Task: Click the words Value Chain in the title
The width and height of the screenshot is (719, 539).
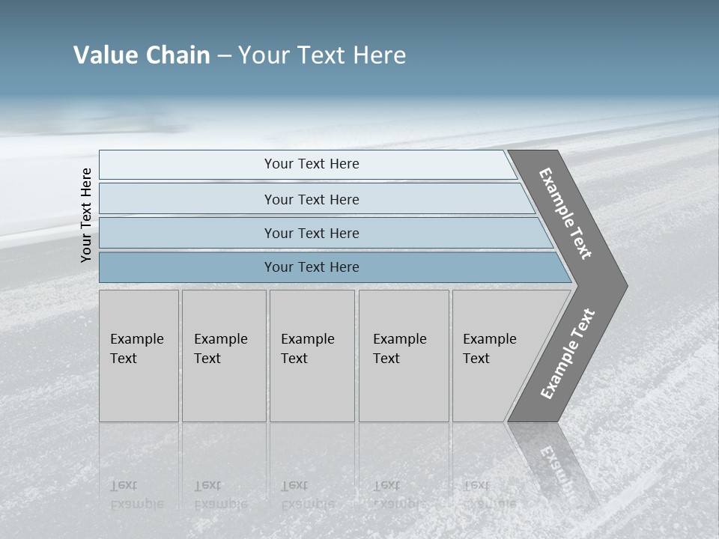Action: tap(142, 55)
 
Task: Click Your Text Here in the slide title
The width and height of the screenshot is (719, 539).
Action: tap(322, 55)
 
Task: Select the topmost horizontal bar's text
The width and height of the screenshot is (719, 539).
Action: tap(312, 164)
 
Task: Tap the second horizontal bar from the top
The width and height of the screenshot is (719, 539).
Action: tap(312, 199)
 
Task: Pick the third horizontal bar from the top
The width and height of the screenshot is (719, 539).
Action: tap(312, 233)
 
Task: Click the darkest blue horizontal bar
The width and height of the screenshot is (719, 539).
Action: tap(312, 267)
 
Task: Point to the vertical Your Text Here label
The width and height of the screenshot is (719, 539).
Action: tap(86, 215)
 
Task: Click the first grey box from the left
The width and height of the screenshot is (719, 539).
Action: tap(139, 356)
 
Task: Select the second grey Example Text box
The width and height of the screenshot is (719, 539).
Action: tap(224, 356)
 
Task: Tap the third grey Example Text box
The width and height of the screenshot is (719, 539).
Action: tap(312, 356)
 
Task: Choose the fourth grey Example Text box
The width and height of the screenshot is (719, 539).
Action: tap(404, 356)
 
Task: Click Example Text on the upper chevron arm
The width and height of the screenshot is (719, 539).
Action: tap(565, 213)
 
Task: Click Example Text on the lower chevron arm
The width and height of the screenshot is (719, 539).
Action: tap(568, 354)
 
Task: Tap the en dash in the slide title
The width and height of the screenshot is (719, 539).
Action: tap(224, 56)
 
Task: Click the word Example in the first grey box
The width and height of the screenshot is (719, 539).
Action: tap(136, 339)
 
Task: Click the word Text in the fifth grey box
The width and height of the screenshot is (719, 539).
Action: tap(476, 359)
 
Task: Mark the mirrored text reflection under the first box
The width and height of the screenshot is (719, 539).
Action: tap(136, 495)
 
